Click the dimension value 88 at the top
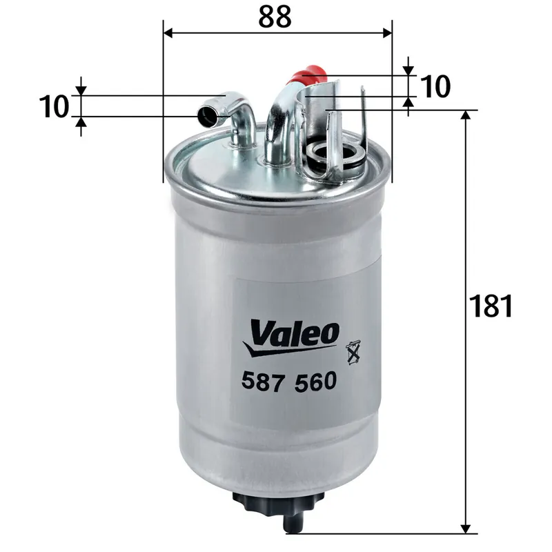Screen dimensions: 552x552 [x=275, y=17]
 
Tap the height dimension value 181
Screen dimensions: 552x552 [x=490, y=306]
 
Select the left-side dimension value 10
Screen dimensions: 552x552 [x=55, y=107]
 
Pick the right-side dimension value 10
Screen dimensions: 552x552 [x=435, y=87]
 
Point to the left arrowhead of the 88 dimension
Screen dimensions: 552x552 [x=168, y=32]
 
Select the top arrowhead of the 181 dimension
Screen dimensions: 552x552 [x=466, y=115]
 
